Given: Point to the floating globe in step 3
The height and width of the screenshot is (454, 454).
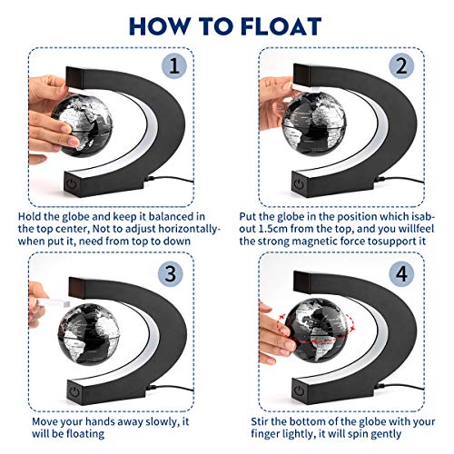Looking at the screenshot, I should click(x=87, y=331).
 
